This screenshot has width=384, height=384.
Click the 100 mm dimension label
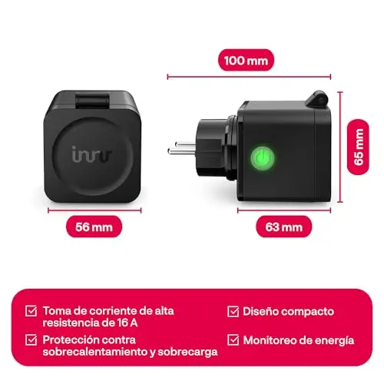coord(246,61)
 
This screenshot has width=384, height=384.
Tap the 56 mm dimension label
coord(94,227)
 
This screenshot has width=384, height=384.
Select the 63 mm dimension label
coord(284,227)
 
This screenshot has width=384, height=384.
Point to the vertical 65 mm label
coord(358,147)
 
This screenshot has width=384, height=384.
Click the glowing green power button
coord(262,157)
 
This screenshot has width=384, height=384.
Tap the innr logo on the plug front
coord(91,154)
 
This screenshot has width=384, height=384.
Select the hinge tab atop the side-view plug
coord(317,98)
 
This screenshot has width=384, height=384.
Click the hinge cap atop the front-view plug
coord(93,101)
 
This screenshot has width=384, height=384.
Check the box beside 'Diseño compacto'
coord(233,312)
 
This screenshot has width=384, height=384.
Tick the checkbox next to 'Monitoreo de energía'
coord(233,340)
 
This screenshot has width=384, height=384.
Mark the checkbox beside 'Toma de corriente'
coord(31,311)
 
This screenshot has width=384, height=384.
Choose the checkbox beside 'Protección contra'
coord(31,340)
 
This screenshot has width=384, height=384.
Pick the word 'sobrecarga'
coord(187,353)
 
